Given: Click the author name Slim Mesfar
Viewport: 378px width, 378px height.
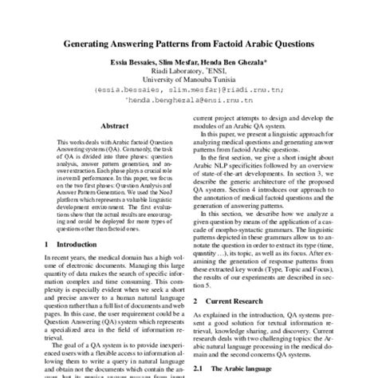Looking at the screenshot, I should [x=182, y=61].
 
